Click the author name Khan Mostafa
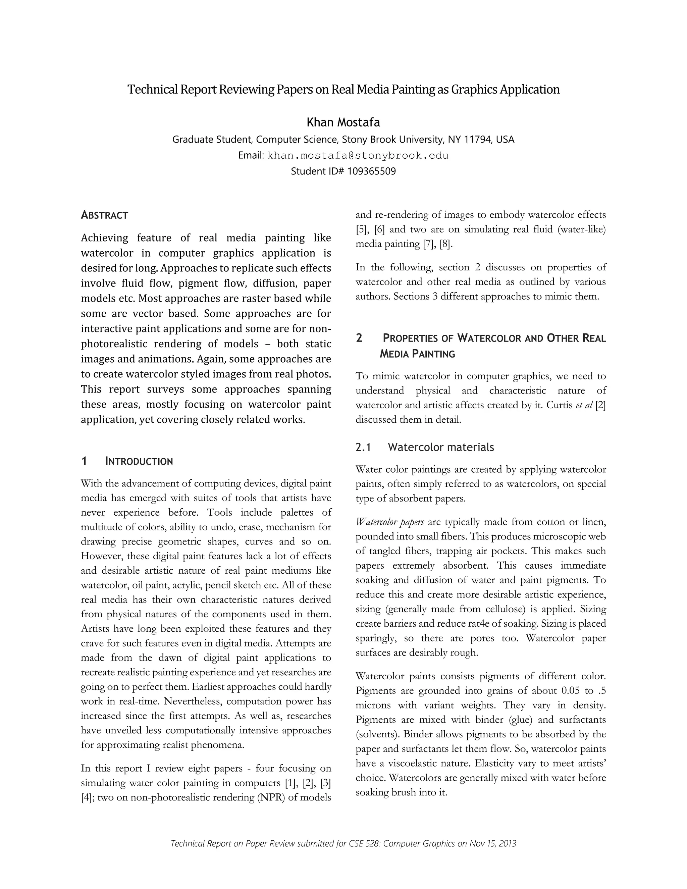coord(343,122)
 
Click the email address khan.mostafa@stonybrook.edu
coord(358,156)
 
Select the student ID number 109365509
coord(372,171)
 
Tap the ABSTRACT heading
coord(105,215)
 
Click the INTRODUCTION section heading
coord(139,461)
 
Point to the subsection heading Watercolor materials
coord(441,447)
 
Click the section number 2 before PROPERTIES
coord(359,338)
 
